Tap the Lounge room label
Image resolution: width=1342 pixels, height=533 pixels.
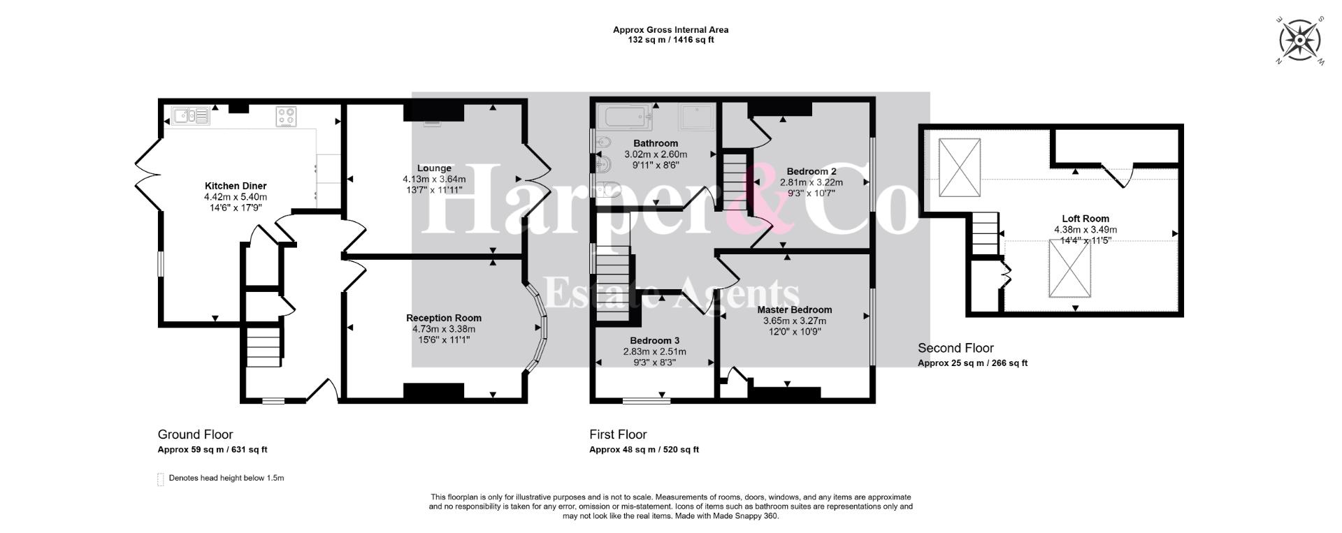(x=434, y=168)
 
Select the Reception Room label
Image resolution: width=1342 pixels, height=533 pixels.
(x=444, y=318)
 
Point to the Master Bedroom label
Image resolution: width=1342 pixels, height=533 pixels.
(x=795, y=309)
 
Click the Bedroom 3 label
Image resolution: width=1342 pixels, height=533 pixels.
(x=654, y=340)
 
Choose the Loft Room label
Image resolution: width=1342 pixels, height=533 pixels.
(x=1085, y=219)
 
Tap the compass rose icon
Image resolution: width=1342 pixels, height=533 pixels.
(x=1299, y=40)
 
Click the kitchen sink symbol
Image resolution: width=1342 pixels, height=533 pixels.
(x=190, y=115)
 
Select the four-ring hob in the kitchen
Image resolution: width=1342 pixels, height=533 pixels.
(x=287, y=117)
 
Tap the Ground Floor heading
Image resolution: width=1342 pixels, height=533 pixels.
(x=195, y=435)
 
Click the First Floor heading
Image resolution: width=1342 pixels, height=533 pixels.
(x=618, y=435)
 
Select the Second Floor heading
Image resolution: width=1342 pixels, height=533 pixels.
(x=955, y=348)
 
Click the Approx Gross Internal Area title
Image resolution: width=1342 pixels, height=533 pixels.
(x=671, y=30)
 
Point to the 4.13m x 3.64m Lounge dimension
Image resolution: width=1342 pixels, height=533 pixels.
(x=434, y=179)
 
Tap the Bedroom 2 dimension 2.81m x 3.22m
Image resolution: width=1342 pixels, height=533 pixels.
(x=811, y=182)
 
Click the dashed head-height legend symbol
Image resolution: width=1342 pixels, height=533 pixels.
(x=161, y=479)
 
